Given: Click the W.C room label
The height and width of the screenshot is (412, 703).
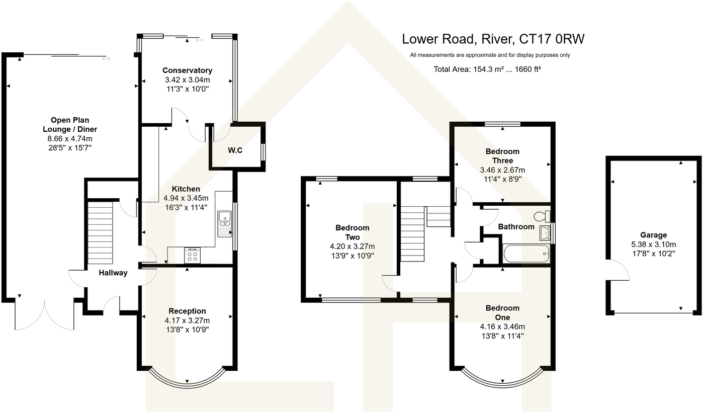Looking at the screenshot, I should point(235,149).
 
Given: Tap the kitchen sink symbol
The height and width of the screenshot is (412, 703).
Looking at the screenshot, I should point(224,223).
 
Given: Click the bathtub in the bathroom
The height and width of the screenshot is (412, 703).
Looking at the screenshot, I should point(526,254).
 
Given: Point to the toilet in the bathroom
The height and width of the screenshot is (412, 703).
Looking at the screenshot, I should point(541,216).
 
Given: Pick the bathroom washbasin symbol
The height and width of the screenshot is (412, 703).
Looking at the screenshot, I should point(544,233).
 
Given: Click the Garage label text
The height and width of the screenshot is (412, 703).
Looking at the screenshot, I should point(653,235).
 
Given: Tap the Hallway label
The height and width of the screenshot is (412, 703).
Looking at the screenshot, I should point(113,273).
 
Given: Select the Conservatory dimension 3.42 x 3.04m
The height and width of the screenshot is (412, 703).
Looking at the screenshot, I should point(188,79).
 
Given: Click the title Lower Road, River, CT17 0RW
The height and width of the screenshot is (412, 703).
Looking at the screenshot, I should point(493,39).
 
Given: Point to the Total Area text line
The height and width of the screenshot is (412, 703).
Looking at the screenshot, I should point(487,69).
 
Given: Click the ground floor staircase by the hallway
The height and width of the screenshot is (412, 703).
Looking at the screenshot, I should point(100,232).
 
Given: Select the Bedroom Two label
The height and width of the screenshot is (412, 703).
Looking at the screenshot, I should point(352,232).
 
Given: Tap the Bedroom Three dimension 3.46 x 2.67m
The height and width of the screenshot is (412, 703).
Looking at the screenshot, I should point(502,170).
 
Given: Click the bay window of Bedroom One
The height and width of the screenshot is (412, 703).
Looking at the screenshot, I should point(502,379).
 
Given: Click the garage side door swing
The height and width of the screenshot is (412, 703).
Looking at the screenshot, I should point(618,271).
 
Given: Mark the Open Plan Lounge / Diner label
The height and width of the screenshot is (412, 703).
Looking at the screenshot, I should point(70,125).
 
